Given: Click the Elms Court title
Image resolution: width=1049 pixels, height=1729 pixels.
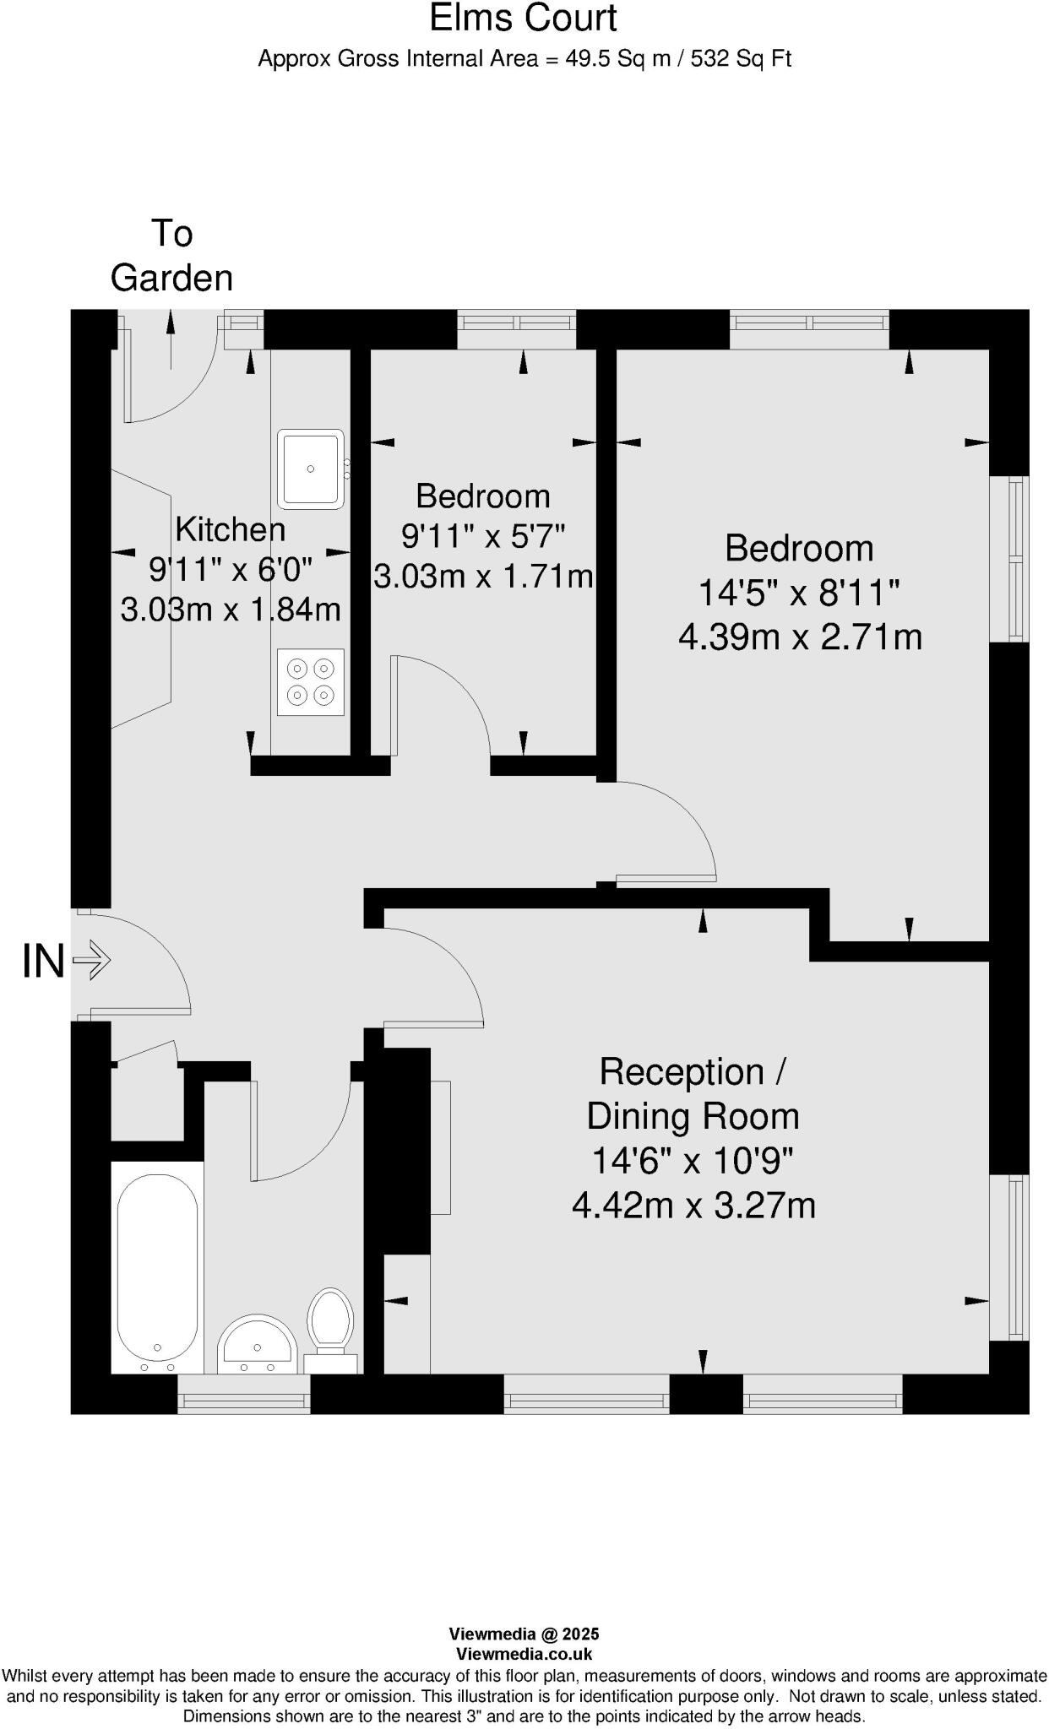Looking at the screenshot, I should [523, 19].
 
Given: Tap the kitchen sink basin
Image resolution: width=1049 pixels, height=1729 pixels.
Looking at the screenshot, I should [311, 469].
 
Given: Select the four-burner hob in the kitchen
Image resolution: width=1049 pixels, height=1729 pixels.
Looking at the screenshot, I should [310, 682].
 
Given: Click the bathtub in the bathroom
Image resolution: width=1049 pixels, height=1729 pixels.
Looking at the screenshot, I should [157, 1266].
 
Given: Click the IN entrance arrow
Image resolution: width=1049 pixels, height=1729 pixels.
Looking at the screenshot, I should [91, 960].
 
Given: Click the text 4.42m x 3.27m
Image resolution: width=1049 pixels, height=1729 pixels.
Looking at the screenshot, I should [693, 1205].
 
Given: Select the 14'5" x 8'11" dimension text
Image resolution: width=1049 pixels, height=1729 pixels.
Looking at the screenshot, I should [798, 593].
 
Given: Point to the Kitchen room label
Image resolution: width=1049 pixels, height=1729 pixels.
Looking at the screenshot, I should [230, 529].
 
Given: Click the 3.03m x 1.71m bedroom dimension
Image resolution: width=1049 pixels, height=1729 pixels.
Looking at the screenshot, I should [483, 577].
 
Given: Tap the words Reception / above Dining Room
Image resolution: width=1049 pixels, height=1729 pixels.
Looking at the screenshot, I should [693, 1071].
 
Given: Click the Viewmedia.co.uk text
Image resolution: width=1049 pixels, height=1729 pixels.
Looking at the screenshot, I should [524, 1655].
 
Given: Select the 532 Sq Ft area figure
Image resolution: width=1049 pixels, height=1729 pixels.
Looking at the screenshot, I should [741, 59].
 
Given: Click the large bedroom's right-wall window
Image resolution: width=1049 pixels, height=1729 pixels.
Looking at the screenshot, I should [1009, 558].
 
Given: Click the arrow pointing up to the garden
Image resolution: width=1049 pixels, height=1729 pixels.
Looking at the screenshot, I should [171, 338].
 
